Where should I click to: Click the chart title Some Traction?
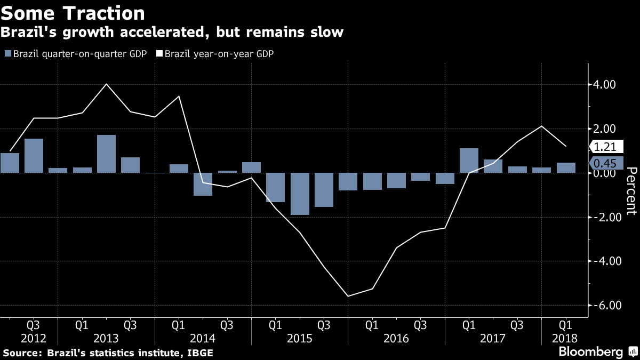point(73,13)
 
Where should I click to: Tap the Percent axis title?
point(631,191)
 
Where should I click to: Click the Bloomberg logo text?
point(590,352)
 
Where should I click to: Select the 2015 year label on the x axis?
point(299,338)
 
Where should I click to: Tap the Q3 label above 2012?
point(34,324)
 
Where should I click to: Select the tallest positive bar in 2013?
point(106,154)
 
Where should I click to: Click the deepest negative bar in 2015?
point(300,194)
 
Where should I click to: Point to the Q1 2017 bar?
point(469,161)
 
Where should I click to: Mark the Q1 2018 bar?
point(566,168)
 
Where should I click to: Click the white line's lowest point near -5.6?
point(348,296)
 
